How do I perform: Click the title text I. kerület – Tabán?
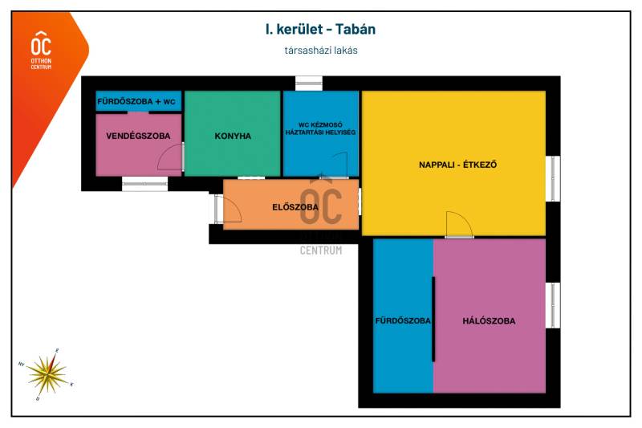[320, 29]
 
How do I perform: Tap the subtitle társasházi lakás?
[321, 51]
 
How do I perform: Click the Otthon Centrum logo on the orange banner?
[42, 50]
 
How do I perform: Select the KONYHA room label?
[233, 136]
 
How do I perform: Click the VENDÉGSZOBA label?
[138, 136]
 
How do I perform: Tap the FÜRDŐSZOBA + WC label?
[136, 101]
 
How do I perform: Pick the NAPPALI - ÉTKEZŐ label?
[457, 165]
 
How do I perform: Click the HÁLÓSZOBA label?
[489, 321]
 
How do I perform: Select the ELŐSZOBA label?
[295, 207]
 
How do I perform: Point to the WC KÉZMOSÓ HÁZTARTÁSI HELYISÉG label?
[320, 128]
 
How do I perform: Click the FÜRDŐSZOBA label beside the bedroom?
[403, 320]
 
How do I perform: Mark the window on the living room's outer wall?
[553, 178]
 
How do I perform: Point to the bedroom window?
[553, 305]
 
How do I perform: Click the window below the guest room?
[145, 184]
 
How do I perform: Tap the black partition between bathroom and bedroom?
[433, 319]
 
